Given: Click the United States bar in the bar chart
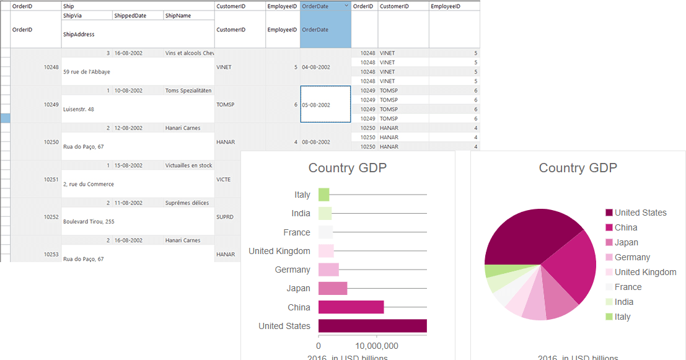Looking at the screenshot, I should [372, 326].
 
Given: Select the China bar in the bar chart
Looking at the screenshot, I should [351, 307].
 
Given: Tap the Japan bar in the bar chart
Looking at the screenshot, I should [333, 288].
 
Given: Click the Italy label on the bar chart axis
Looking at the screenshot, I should [302, 195].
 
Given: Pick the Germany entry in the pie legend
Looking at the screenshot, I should [632, 257].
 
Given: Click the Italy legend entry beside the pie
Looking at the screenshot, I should [622, 317].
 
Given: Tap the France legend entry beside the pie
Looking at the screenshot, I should [628, 287].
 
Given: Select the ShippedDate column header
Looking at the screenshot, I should [130, 15].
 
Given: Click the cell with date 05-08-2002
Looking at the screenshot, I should [325, 105].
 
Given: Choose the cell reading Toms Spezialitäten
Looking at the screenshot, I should [188, 90].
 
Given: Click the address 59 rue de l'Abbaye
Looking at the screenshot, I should [87, 72].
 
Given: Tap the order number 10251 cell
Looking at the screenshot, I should [51, 179].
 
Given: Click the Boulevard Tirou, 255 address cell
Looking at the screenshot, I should [89, 221].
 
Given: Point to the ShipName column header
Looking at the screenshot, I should [178, 15].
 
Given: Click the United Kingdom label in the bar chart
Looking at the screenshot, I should [279, 251].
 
